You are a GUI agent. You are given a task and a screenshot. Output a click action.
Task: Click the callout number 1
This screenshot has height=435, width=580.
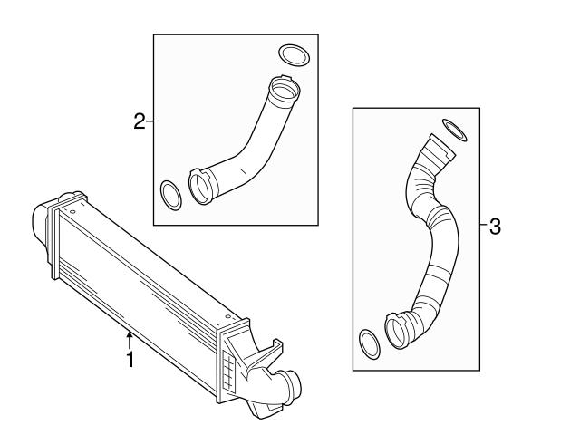(x=130, y=360)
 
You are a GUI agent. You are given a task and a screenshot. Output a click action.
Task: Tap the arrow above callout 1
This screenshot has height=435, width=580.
(x=130, y=341)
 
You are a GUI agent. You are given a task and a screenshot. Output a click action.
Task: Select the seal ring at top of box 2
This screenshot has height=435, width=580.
(x=292, y=54)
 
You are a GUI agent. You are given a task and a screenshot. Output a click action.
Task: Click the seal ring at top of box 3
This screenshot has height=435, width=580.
(x=454, y=130)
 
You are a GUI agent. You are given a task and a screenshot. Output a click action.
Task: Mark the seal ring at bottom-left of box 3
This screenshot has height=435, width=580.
(x=368, y=343)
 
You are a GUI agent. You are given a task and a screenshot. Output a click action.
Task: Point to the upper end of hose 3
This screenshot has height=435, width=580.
(x=439, y=150)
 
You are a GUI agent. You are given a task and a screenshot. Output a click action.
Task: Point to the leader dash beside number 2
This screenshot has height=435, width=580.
(x=150, y=121)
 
